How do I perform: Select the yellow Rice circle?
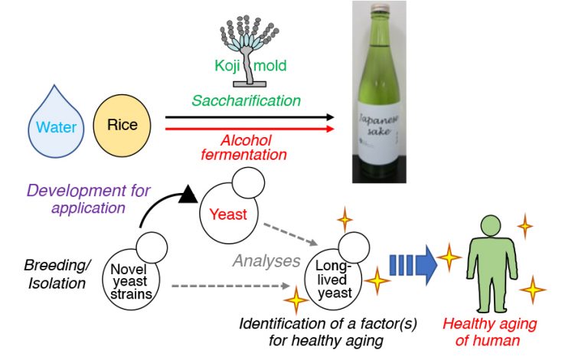[x=122, y=126]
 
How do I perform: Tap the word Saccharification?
[x=247, y=100]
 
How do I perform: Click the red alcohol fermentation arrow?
[x=250, y=129]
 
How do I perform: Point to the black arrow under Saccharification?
[x=250, y=117]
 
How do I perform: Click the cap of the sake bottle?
[x=379, y=7]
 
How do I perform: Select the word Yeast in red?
[x=228, y=214]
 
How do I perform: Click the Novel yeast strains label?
[x=131, y=282]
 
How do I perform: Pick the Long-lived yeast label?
[x=333, y=280]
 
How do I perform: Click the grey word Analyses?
[x=266, y=260]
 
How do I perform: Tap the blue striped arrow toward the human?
[x=413, y=265]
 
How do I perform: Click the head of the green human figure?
[x=491, y=226]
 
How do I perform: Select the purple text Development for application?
[x=89, y=199]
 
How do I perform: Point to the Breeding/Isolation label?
[x=57, y=274]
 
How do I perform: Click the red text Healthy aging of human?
[x=489, y=332]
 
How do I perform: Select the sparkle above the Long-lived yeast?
[x=345, y=218]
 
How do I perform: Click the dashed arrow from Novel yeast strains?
[x=230, y=286]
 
